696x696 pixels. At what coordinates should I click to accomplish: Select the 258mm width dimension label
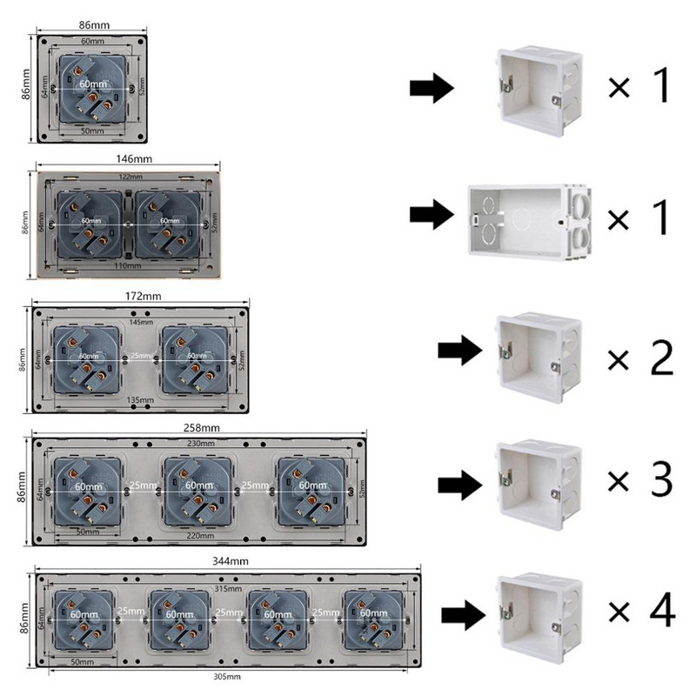[201, 428]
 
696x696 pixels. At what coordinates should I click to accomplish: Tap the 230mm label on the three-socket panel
[200, 443]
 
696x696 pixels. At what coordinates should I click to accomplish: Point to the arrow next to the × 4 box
[462, 615]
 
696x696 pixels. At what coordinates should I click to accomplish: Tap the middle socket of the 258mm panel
[198, 492]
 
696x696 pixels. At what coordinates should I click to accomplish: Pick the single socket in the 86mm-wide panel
[91, 90]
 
